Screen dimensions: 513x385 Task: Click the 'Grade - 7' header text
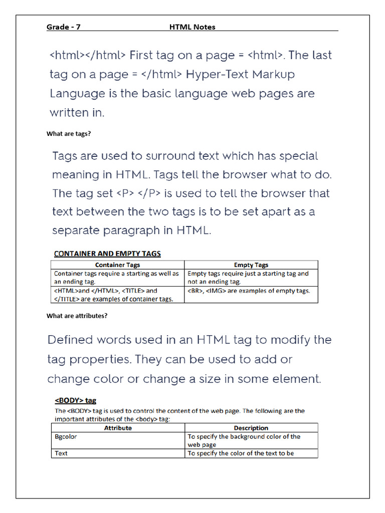pos(63,27)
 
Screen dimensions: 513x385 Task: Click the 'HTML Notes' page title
pos(192,27)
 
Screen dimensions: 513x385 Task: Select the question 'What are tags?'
pos(68,134)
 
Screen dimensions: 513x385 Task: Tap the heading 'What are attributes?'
pos(77,316)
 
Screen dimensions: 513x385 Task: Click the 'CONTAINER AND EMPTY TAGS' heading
pos(107,254)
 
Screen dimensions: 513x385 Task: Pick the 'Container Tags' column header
pos(118,265)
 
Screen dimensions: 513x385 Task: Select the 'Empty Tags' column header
pos(251,265)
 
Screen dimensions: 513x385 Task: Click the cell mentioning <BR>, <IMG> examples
pos(249,291)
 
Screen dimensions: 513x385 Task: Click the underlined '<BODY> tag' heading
pos(75,401)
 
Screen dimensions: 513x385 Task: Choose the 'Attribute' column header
pos(118,428)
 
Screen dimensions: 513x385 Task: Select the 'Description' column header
pos(251,428)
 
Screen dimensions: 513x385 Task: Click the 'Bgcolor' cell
pos(66,437)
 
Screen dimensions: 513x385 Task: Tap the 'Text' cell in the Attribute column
pos(61,453)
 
